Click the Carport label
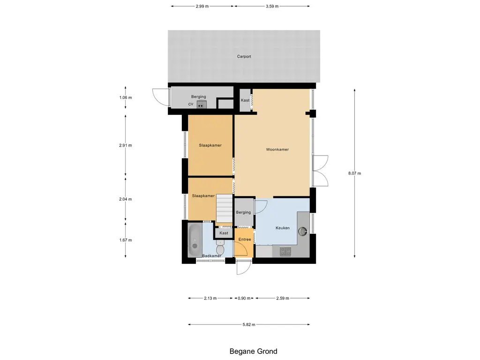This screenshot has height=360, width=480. pos(244,56)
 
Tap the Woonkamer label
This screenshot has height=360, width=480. pos(277,150)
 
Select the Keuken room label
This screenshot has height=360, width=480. pos(283,228)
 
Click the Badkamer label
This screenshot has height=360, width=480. pos(211,255)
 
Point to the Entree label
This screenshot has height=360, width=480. pos(245,240)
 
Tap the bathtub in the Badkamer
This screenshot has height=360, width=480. pos(195,240)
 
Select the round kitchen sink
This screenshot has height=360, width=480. pos(303,231)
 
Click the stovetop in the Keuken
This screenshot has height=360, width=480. pos(285,251)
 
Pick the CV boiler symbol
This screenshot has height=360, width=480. pos(201,105)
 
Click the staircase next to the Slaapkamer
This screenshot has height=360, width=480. pos(225,208)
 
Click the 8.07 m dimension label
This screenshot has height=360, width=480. pos(354,173)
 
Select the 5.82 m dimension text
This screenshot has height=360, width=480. pos(249,324)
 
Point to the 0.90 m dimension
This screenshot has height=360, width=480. pos(244,298)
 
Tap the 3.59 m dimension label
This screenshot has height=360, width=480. pos(272,6)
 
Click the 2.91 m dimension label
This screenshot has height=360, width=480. pos(126,145)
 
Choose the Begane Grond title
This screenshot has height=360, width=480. pos(254,351)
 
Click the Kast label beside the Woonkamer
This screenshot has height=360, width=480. pos(245,100)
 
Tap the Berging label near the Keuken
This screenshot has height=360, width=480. pos(243,212)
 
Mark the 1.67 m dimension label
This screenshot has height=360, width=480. pos(126,240)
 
